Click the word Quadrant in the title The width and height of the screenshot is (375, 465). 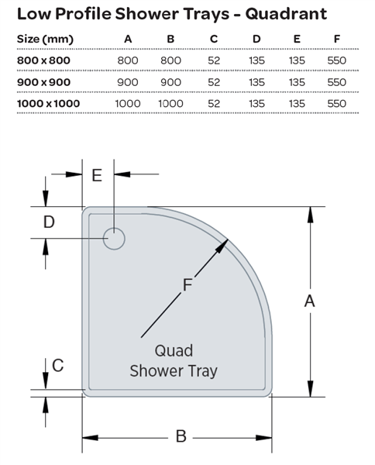[x=286, y=14]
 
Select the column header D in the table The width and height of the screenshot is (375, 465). [x=256, y=39]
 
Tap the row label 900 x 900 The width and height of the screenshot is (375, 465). [x=44, y=82]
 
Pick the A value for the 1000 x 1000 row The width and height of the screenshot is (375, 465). [x=128, y=104]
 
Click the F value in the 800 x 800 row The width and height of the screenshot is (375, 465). [x=337, y=60]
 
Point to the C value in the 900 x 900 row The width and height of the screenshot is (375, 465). [x=214, y=82]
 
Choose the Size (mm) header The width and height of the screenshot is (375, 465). [x=45, y=39]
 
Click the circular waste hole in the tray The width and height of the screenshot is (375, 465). [x=114, y=239]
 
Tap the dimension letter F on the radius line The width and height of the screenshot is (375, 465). [x=187, y=284]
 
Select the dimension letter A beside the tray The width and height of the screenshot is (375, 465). [x=309, y=301]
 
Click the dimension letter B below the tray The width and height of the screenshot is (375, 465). [x=181, y=436]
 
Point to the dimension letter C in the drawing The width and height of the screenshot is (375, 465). [x=58, y=365]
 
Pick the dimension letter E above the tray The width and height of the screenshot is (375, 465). [x=97, y=175]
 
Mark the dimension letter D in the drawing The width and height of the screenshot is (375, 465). [x=49, y=222]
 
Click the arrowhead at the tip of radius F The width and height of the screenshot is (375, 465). [x=222, y=246]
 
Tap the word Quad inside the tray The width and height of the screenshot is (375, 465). [x=174, y=350]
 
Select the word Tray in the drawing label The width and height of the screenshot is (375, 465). [x=203, y=371]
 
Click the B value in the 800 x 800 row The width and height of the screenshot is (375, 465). [x=170, y=60]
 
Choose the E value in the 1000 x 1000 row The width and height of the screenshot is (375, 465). [x=297, y=104]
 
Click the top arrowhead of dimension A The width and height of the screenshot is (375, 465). [x=310, y=215]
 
